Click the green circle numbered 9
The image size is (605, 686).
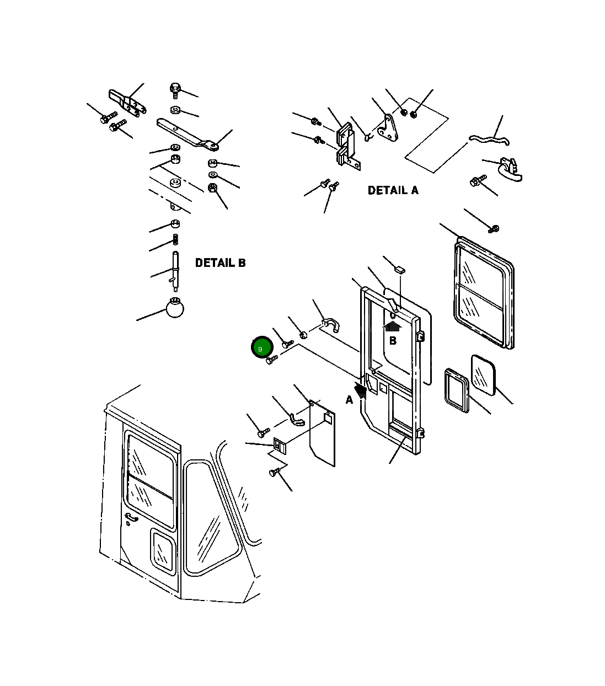[261, 347]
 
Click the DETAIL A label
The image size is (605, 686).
[393, 190]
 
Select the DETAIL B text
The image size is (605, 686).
[220, 263]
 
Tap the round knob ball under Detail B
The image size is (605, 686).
[175, 308]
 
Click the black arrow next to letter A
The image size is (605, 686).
[361, 390]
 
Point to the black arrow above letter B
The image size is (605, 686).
[393, 325]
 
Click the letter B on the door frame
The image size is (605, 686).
[393, 341]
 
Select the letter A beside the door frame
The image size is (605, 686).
[349, 400]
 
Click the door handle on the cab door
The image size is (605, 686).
[131, 518]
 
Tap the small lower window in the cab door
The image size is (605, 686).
[162, 550]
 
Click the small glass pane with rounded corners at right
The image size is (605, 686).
[483, 375]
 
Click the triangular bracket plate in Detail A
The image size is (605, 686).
[390, 127]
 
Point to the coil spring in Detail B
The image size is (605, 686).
[176, 240]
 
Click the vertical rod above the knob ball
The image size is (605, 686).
[175, 270]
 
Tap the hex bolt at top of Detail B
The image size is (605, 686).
[175, 89]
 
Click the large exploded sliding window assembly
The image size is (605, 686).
[483, 292]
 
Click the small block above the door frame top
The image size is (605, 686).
[400, 270]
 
